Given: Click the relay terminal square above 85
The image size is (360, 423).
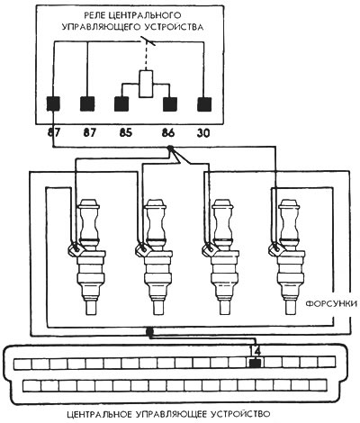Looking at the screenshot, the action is click(x=121, y=104).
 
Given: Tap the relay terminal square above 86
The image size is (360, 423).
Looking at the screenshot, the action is click(x=170, y=104).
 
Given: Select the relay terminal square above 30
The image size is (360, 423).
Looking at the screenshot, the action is click(x=204, y=104).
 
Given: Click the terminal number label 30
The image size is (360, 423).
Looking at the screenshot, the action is click(x=203, y=133).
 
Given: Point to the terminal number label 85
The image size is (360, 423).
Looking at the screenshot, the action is click(x=125, y=133).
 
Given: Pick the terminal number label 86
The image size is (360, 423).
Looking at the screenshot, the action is click(x=168, y=133).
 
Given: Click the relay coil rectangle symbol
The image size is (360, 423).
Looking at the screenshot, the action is click(x=146, y=84).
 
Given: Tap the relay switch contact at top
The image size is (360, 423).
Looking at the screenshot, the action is click(x=148, y=41).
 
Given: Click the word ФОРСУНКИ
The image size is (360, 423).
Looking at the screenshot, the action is click(x=331, y=304).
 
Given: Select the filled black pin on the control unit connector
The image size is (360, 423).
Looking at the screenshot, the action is click(x=255, y=364).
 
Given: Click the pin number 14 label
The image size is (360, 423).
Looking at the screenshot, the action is click(x=256, y=350).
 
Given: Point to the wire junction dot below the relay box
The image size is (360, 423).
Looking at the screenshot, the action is click(x=170, y=148).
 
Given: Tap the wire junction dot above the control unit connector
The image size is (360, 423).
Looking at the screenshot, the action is click(x=149, y=331).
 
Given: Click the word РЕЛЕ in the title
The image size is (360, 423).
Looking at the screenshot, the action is click(x=95, y=14).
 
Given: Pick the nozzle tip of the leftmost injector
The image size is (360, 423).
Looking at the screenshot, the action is click(x=91, y=308).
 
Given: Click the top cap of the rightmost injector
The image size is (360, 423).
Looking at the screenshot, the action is click(x=289, y=205).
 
